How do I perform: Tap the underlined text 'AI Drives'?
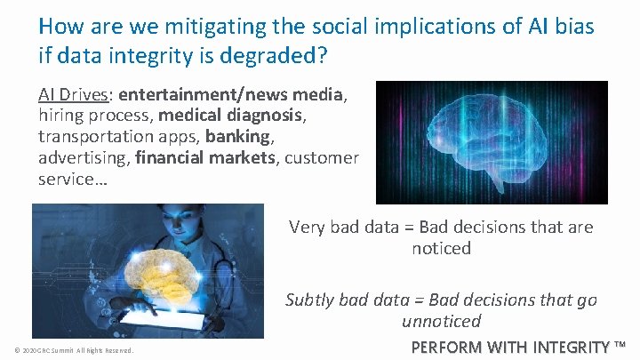tap(75, 95)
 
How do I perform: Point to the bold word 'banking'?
tap(236, 136)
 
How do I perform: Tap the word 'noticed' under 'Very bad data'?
tap(441, 249)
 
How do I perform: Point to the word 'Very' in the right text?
tap(308, 228)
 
